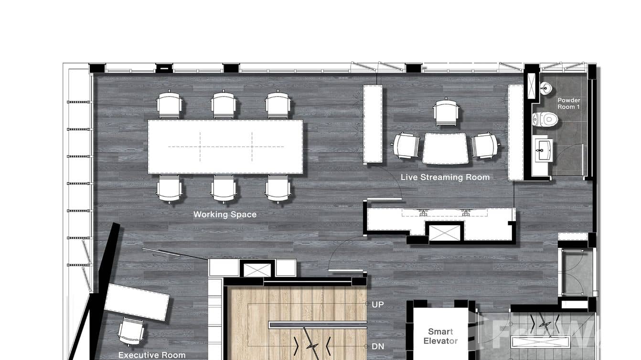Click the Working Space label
pos(224,214)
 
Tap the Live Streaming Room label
pos(445,177)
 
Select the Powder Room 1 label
pos(568,104)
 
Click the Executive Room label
pos(151,355)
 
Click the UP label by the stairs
pos(377,305)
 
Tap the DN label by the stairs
pos(377,347)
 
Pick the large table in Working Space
pos(225,147)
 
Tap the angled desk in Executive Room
pos(137,302)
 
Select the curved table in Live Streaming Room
pos(445,148)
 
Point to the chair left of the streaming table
pos(406,146)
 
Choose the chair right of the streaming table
pos(485,146)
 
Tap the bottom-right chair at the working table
pos(278,188)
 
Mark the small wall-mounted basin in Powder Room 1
pos(545,88)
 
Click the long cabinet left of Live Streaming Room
pos(373,124)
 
